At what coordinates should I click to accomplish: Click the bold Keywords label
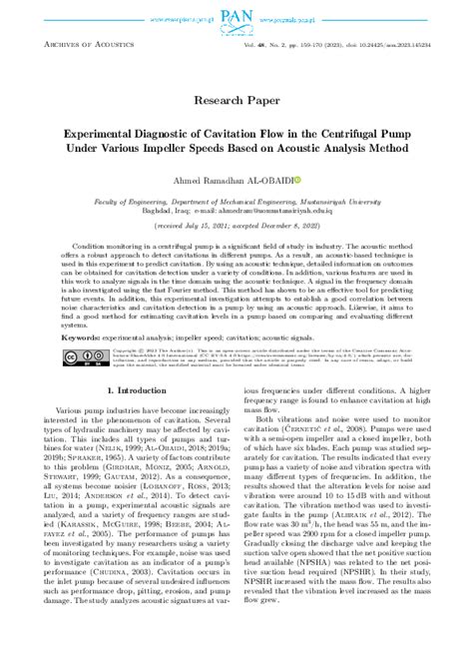pyautogui.click(x=85, y=338)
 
